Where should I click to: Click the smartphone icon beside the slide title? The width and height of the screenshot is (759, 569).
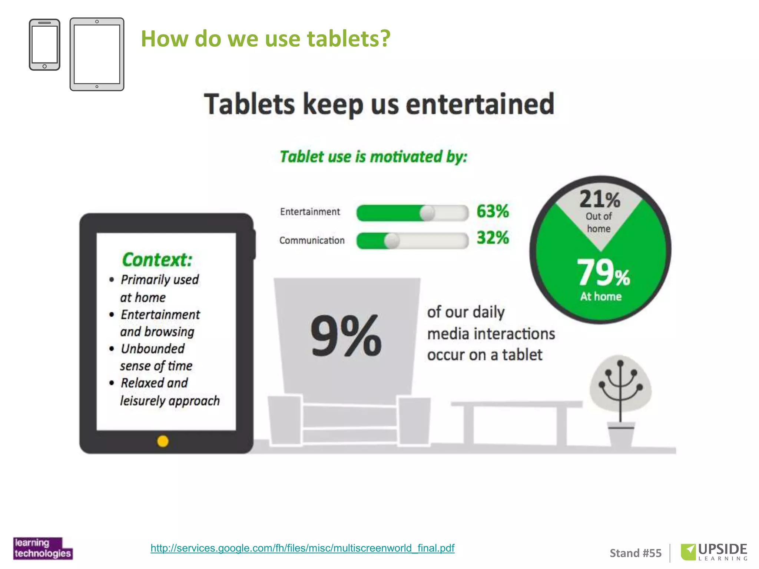(x=44, y=45)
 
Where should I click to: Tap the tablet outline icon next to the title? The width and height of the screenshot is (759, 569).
(x=97, y=54)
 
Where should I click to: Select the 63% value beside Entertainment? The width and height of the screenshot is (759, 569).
(x=493, y=211)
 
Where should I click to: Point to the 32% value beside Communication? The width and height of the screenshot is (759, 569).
(x=493, y=238)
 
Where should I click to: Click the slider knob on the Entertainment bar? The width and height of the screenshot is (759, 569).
(x=427, y=213)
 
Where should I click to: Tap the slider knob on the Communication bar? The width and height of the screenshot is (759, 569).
(x=391, y=241)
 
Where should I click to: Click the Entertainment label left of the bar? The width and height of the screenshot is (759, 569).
(x=310, y=212)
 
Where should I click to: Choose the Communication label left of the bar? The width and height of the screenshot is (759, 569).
(x=312, y=240)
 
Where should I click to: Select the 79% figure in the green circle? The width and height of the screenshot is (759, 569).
(x=603, y=273)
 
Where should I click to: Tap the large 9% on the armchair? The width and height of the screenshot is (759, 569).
(x=346, y=336)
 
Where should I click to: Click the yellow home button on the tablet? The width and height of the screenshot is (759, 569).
(x=163, y=441)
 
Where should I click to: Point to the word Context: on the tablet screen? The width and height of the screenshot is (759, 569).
(x=157, y=259)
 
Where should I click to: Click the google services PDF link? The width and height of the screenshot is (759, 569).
(x=302, y=548)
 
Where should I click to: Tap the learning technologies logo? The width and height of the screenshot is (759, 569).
(x=43, y=548)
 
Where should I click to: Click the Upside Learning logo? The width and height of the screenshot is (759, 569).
(x=714, y=552)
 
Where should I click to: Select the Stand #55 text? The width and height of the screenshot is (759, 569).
(x=636, y=553)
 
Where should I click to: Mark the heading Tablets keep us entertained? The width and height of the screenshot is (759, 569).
(x=379, y=104)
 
